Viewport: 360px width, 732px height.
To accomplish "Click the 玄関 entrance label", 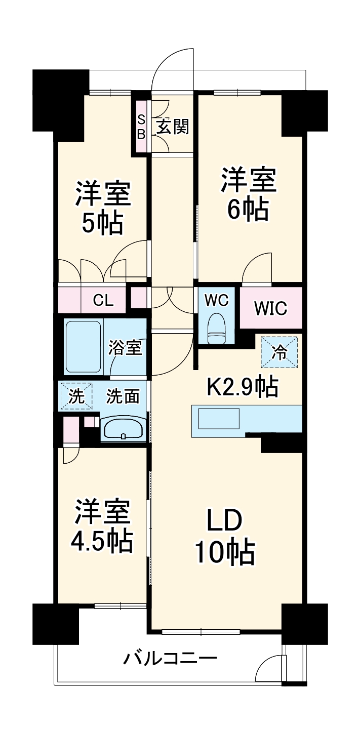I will click(173, 127).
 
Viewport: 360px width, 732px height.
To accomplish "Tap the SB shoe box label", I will click(141, 127).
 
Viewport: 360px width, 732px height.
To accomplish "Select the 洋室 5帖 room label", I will click(103, 208).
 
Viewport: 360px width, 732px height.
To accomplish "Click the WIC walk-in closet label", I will click(270, 307).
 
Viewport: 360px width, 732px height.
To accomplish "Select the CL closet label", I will click(103, 300).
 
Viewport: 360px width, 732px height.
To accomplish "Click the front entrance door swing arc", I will click(172, 66).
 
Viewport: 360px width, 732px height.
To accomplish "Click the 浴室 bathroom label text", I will click(125, 348).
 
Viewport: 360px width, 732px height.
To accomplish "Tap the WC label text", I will click(217, 300).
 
